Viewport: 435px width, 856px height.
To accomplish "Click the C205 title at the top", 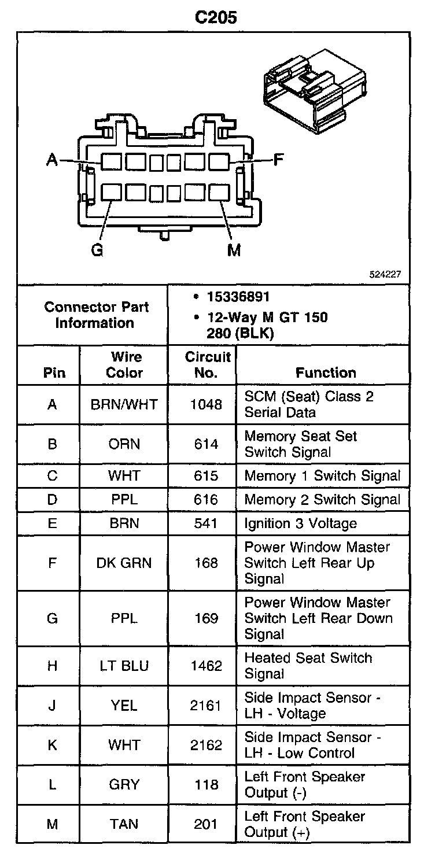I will click(216, 17).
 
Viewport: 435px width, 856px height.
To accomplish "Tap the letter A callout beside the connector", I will click(52, 160).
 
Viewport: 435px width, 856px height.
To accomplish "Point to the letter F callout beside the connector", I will click(278, 159).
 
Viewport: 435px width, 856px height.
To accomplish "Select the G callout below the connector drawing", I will click(97, 250).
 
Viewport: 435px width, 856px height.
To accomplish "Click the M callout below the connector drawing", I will click(234, 250).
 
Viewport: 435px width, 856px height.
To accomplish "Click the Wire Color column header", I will click(124, 365).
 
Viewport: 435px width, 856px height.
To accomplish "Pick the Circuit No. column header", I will click(208, 365).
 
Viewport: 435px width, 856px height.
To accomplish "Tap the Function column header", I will click(326, 373).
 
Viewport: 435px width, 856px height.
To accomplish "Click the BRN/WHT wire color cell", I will click(124, 405).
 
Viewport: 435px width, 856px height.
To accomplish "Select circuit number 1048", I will click(206, 405).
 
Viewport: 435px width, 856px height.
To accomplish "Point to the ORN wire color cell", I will click(124, 444).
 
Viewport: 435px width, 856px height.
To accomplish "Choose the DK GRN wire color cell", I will click(124, 563).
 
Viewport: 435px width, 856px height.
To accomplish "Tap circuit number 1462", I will click(206, 666).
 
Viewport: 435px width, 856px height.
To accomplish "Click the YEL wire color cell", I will click(124, 706).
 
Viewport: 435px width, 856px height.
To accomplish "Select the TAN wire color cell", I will click(124, 824).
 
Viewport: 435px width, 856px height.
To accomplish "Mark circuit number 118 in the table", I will click(206, 785).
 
